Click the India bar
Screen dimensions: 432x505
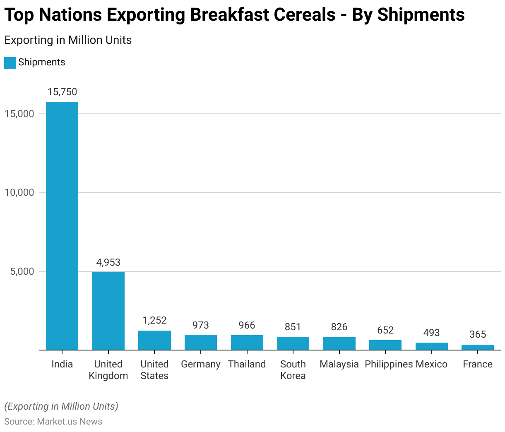click(62, 226)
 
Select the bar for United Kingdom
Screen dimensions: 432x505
click(108, 311)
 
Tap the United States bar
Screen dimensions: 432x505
click(154, 340)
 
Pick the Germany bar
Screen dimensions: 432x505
click(201, 342)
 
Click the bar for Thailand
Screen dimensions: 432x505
click(247, 343)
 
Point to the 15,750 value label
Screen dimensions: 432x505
click(62, 92)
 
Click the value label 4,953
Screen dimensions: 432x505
click(108, 262)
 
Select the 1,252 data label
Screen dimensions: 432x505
click(154, 320)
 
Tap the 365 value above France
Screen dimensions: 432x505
click(478, 334)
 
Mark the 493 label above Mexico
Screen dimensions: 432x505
click(431, 333)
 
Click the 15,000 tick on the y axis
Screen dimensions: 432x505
click(19, 114)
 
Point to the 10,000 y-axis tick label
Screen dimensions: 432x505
click(19, 192)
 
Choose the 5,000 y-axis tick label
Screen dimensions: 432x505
click(22, 271)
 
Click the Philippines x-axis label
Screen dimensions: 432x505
click(389, 364)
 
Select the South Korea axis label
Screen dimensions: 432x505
click(293, 370)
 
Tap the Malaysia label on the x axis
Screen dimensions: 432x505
click(339, 364)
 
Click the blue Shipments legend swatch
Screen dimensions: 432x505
click(10, 62)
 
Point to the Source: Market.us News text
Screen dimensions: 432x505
click(53, 421)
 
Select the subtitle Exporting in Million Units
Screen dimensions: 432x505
click(68, 40)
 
